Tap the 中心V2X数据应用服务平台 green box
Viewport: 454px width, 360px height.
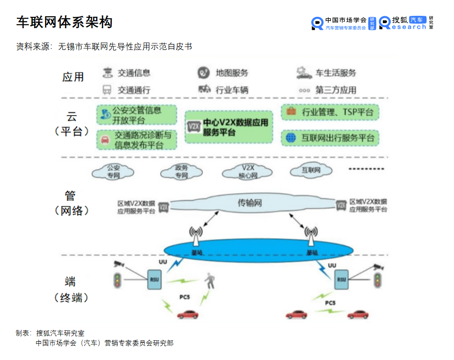click(x=228, y=127)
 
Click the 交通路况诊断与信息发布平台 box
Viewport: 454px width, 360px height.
click(x=136, y=139)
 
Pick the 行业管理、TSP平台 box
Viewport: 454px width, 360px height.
click(x=330, y=112)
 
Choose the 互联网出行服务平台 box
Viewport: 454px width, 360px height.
click(x=330, y=137)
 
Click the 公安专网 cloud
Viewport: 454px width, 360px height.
click(x=113, y=172)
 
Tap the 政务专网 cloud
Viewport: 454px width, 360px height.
click(x=182, y=172)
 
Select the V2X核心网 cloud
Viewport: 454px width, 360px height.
click(x=248, y=172)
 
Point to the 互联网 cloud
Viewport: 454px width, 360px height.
click(x=311, y=171)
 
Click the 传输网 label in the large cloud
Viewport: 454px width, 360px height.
click(x=250, y=203)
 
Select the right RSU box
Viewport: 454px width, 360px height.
click(x=341, y=280)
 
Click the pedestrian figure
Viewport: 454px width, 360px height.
click(x=211, y=281)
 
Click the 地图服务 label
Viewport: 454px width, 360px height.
click(x=232, y=73)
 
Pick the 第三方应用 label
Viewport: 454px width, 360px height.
click(x=336, y=90)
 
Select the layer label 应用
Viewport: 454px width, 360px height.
click(x=73, y=77)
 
